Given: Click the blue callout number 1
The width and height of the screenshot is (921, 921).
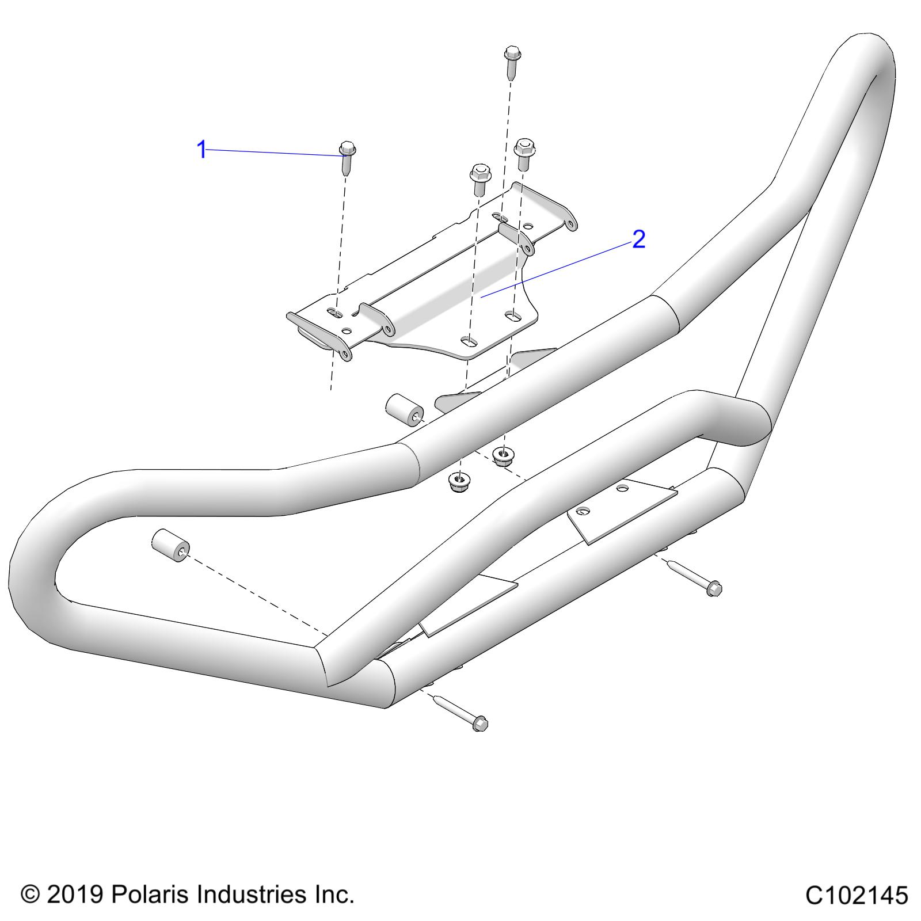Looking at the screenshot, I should [201, 150].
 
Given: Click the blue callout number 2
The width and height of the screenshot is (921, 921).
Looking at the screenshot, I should [638, 239].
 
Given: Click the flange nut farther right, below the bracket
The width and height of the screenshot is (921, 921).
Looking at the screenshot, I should [504, 456].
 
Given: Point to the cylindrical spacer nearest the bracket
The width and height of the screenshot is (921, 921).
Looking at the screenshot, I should [404, 410].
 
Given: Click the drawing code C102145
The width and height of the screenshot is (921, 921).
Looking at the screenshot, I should [856, 896].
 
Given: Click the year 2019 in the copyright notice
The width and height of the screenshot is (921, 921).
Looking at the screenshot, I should [74, 895].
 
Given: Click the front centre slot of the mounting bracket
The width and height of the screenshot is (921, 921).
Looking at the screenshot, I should [471, 341].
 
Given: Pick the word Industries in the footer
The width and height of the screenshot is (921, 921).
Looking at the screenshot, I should [253, 895].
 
